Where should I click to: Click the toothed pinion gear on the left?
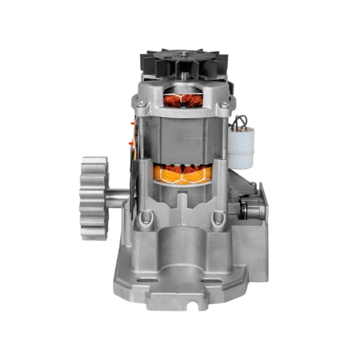94,198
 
